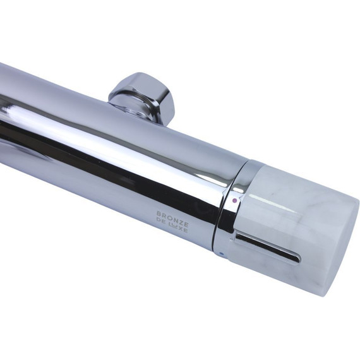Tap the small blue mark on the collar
pos(222,254)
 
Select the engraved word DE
pos(160,222)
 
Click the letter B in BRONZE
pos(159,214)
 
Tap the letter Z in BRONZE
pos(181,222)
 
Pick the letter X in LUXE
pos(180,229)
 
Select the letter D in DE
pos(158,221)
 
